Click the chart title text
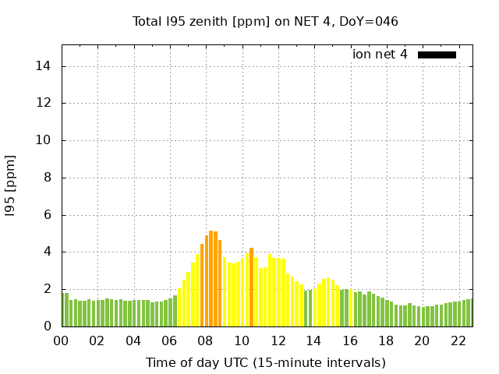[265, 22]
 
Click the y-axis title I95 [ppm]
[11, 186]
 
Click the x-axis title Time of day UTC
[265, 363]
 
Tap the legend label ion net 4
[380, 55]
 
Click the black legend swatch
[437, 55]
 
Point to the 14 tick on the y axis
[45, 66]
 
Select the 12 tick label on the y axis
[45, 103]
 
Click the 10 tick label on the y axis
[45, 140]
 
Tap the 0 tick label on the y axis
[48, 326]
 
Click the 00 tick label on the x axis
[61, 341]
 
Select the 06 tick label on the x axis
[169, 341]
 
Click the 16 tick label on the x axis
[349, 341]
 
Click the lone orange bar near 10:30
[251, 288]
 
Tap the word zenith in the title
[211, 22]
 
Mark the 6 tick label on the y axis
[48, 215]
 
